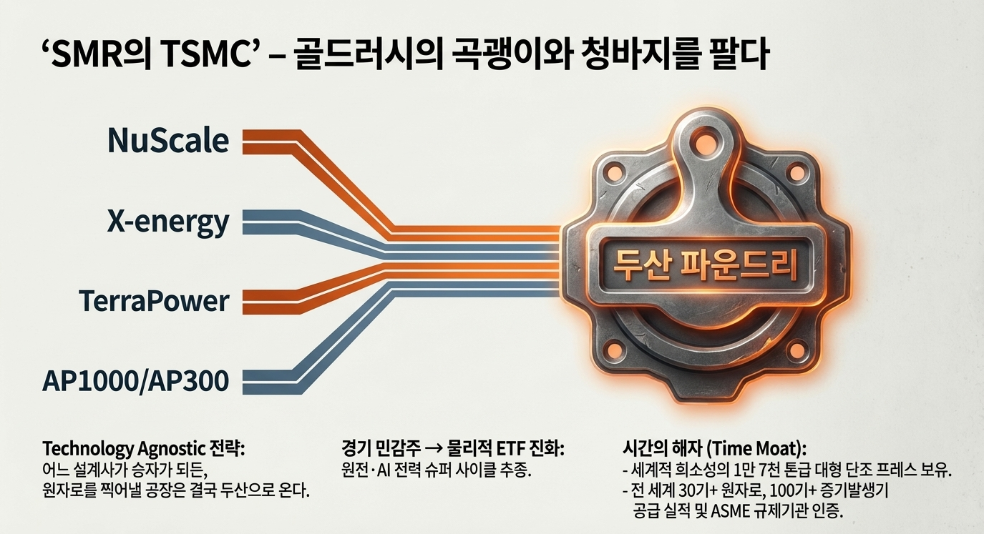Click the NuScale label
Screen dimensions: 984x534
[168, 141]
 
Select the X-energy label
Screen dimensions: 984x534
[168, 222]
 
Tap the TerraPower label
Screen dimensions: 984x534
[154, 301]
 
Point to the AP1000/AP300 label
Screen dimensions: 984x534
[137, 381]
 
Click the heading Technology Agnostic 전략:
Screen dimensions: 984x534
[144, 450]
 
